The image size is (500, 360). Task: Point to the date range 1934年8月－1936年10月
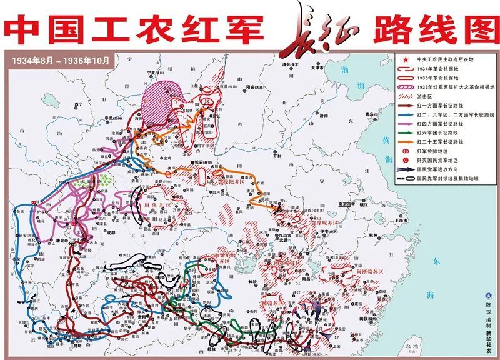pos(61,61)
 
